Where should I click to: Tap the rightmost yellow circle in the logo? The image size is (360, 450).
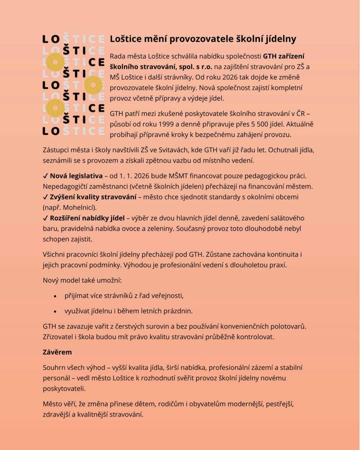tap(93, 84)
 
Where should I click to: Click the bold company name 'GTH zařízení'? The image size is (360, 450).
tap(284, 56)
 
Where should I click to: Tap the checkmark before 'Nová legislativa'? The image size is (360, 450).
tap(45, 176)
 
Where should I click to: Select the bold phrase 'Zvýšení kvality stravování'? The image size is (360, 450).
tap(93, 197)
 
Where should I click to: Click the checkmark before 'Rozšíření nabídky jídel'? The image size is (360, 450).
tap(45, 218)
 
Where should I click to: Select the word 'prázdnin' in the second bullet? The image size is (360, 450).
tap(177, 311)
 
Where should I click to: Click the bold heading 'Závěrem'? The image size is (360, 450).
tap(57, 352)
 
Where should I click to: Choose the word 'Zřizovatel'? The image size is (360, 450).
tap(60, 337)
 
